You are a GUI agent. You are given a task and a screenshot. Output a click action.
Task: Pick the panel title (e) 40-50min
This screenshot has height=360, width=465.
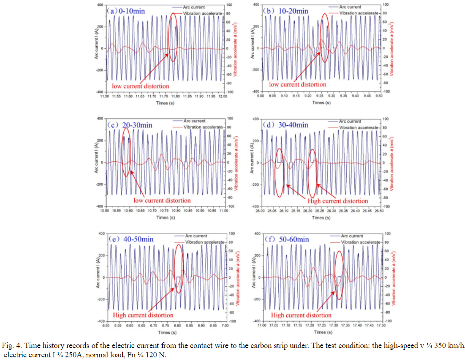point(131,240)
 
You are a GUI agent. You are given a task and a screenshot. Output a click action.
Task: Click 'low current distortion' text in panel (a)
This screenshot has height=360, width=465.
point(140,85)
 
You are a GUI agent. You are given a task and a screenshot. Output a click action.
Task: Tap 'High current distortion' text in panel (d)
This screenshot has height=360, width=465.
point(338,201)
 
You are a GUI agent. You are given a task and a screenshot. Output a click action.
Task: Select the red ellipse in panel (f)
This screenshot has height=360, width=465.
point(339,275)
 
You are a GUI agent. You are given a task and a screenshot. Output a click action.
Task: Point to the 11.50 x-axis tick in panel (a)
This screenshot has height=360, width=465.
point(104,96)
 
